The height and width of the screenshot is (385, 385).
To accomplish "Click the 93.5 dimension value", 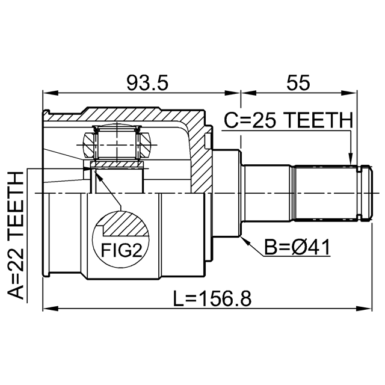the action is [147, 83].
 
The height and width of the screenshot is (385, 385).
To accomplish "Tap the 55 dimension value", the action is [298, 83].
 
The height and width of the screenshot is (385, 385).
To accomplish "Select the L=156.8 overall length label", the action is [212, 298].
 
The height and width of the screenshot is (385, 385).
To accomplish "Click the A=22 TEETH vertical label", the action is [15, 235].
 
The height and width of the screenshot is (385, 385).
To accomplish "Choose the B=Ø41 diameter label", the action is [297, 247].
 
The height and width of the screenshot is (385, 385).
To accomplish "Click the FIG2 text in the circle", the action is [122, 250].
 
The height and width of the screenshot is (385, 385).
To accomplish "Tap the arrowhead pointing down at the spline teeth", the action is [351, 159].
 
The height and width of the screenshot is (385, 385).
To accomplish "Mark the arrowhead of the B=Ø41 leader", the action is [245, 241].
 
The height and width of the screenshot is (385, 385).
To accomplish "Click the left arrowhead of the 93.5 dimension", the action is [51, 93].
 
